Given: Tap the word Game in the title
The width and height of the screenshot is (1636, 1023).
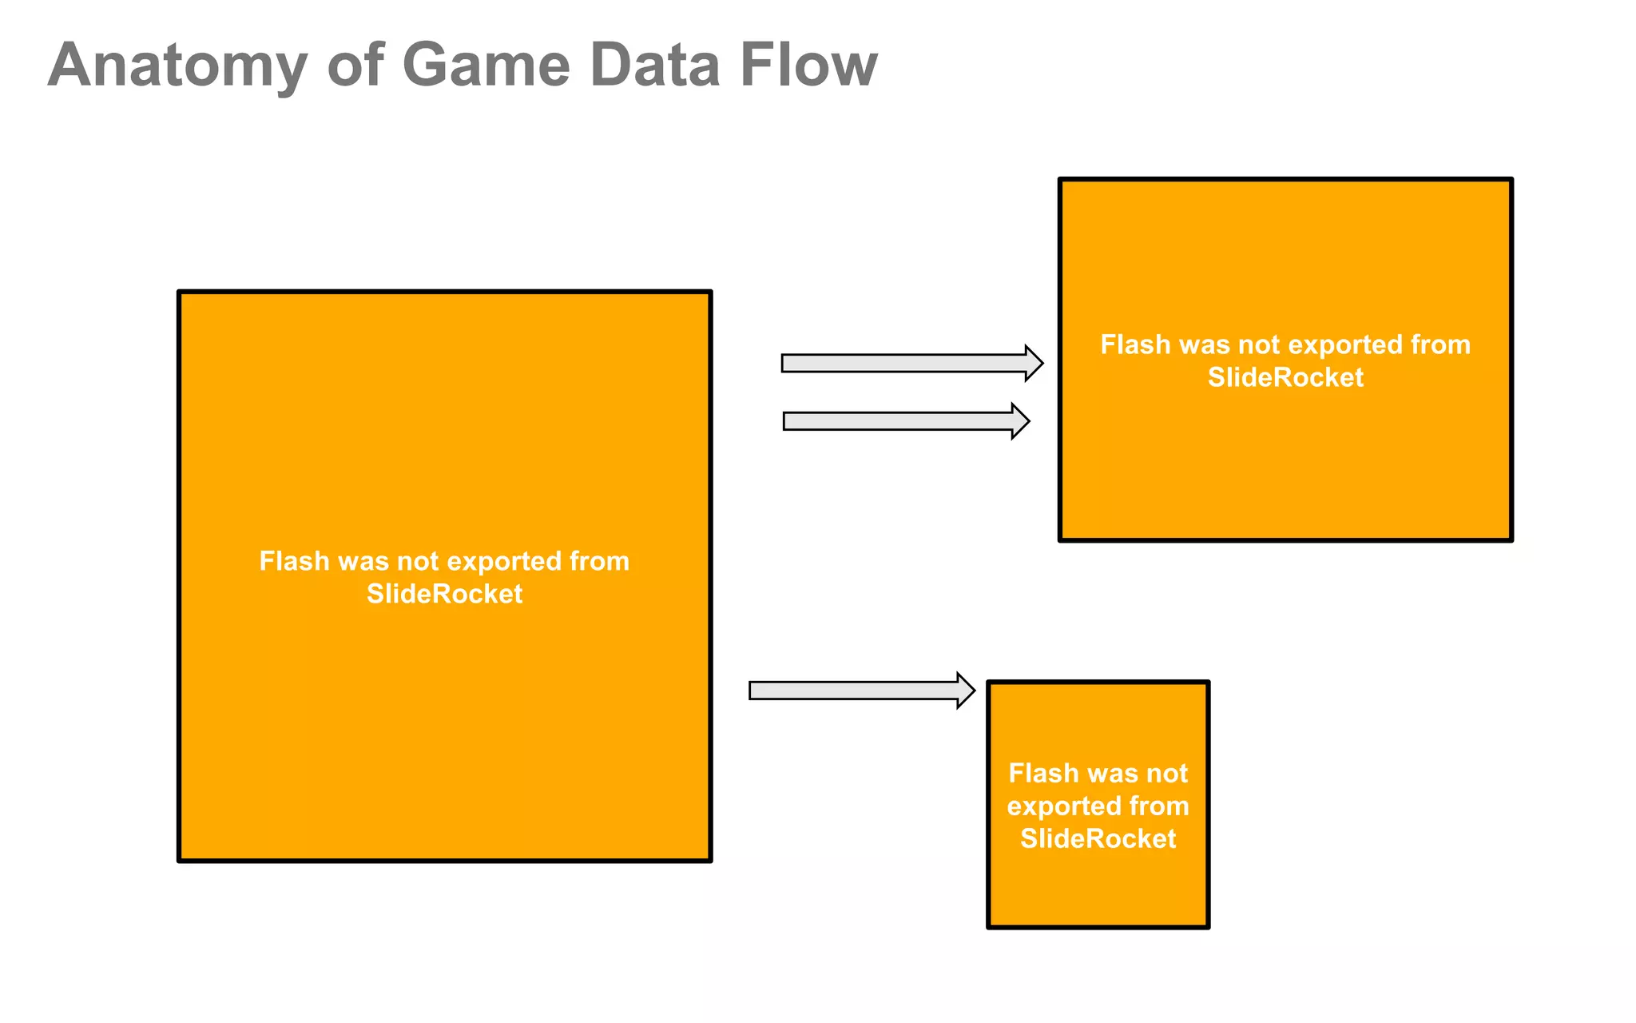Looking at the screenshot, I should [x=486, y=66].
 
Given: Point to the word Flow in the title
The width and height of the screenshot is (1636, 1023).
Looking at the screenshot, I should [x=808, y=66].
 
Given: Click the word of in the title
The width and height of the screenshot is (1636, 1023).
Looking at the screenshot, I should [x=354, y=66].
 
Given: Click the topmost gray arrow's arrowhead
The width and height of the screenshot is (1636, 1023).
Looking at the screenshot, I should [x=1034, y=364].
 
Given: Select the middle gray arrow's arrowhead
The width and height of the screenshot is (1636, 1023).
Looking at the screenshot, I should [x=1020, y=421].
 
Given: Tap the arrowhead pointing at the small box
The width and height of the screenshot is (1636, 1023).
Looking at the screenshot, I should [x=966, y=691].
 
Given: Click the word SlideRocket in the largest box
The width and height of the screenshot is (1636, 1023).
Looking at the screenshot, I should [x=444, y=594].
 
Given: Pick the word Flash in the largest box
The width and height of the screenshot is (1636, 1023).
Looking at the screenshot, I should [x=294, y=561].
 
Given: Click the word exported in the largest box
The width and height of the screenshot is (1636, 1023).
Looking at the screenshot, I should [x=498, y=561].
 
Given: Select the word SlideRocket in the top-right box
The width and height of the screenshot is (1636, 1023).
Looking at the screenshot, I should [x=1285, y=377].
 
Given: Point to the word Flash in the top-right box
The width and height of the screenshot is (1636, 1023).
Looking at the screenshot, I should [x=1135, y=344].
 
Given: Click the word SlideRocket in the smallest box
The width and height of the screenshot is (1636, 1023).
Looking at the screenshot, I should [x=1098, y=838].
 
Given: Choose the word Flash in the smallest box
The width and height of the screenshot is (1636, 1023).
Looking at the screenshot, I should [x=1042, y=774].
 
